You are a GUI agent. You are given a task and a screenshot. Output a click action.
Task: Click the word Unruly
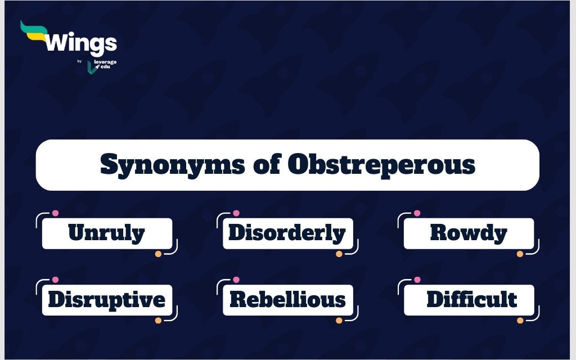coord(106,233)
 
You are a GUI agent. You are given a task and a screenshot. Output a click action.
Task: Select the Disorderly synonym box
coord(287,233)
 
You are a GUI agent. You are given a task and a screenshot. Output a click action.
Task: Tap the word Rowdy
coord(469,233)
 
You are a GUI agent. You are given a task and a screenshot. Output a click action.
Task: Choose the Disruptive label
coord(107,299)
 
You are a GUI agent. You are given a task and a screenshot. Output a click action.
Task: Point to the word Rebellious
coord(287,299)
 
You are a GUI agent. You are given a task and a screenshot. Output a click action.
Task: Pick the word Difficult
coord(472,299)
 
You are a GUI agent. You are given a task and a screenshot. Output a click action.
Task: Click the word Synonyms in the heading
coord(172,165)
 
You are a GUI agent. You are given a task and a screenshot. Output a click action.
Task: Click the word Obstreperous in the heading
coord(381,165)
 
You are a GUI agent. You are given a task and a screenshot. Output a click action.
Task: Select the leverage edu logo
coord(102,66)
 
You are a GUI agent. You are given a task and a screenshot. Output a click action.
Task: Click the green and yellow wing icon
coord(34,31)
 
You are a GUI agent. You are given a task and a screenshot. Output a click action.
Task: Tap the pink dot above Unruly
coord(56,213)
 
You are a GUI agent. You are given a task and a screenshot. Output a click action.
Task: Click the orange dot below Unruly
coord(158,254)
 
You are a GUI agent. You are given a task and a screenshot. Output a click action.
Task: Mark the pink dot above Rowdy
coord(417,213)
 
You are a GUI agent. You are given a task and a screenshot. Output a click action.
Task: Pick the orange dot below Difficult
coord(520,320)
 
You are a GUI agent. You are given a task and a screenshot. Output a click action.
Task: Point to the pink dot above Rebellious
coord(236,280)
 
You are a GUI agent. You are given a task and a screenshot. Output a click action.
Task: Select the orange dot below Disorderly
coord(339,254)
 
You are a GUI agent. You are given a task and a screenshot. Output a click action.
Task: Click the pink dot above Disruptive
coord(56,280)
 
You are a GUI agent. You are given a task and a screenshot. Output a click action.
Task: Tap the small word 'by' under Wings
coord(79,61)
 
